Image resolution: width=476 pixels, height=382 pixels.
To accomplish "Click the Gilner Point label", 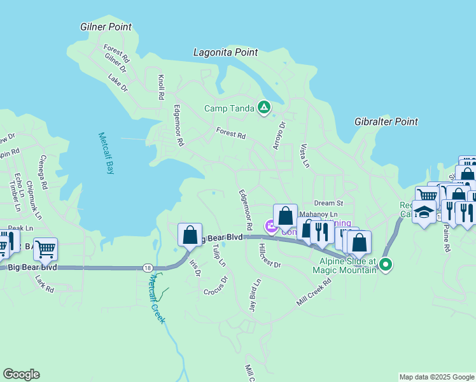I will [106, 27].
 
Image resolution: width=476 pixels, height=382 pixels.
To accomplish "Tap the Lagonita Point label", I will [226, 52].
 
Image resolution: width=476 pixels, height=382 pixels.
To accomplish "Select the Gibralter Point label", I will [386, 122].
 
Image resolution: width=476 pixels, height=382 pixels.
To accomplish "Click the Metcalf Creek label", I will [157, 298].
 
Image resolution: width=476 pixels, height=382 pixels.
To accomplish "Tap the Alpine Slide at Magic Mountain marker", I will [385, 264].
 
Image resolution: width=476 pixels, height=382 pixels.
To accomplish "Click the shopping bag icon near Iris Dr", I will [190, 235].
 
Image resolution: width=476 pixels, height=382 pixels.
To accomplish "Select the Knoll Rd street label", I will [161, 87].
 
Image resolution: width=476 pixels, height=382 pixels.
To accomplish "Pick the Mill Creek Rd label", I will [314, 292].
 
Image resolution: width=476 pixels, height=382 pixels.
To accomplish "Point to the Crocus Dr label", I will [216, 285].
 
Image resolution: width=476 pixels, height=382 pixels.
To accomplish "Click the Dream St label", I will [328, 203].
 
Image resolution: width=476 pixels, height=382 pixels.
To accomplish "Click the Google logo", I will [21, 374].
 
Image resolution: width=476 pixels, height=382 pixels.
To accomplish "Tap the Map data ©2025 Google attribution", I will [437, 377].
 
